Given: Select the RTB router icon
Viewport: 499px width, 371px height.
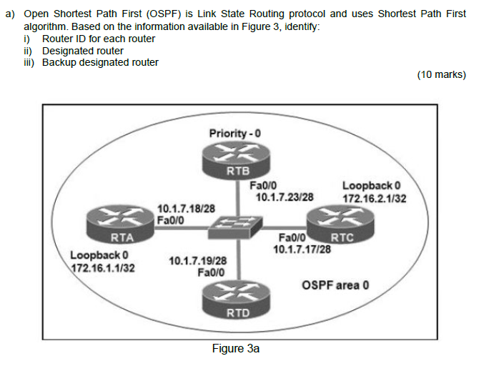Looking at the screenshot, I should (237, 159).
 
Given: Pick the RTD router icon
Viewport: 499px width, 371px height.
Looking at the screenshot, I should (237, 300).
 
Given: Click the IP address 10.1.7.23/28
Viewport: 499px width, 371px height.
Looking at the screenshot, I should (285, 197).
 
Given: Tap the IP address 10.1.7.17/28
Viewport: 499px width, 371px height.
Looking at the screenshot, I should (302, 249).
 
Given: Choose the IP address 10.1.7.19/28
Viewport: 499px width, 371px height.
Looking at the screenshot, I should (197, 261).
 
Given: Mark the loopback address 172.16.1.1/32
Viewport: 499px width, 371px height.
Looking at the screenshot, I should (104, 267).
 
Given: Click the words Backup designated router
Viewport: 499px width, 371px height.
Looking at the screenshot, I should (100, 62).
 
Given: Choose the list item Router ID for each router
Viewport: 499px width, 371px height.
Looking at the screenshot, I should (99, 39).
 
